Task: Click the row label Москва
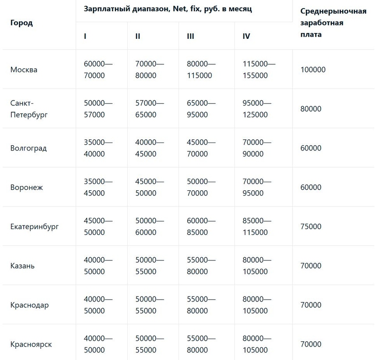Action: (x=24, y=70)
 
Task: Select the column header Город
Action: (x=21, y=23)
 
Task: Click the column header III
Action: (x=191, y=36)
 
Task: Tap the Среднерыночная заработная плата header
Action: (x=330, y=22)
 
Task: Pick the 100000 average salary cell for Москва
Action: (x=313, y=70)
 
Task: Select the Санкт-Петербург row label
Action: (x=29, y=109)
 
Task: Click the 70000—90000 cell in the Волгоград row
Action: (x=257, y=148)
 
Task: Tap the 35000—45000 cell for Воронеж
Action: (x=98, y=188)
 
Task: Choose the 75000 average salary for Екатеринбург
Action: (x=311, y=226)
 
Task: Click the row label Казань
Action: (x=22, y=266)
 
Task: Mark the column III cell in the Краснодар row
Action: (x=201, y=305)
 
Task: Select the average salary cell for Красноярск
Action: (x=311, y=344)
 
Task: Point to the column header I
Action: (x=85, y=36)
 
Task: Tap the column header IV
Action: (x=246, y=36)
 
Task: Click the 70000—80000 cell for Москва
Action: (x=150, y=70)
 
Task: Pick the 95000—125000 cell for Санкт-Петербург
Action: (x=257, y=109)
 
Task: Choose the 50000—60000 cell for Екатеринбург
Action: (x=150, y=226)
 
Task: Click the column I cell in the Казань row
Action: (x=98, y=266)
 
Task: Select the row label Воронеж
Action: (x=26, y=188)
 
